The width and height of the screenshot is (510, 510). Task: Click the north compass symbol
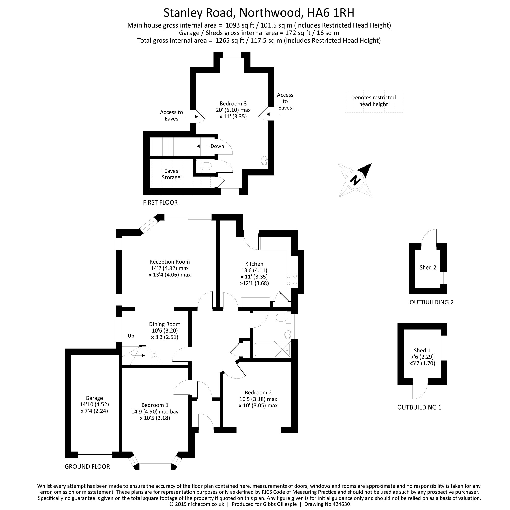(x=355, y=180)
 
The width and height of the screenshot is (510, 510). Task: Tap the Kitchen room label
(x=254, y=264)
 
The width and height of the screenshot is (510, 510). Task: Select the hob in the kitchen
(x=291, y=280)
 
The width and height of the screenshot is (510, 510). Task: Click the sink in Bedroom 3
(x=264, y=160)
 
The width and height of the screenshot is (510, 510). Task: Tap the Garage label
(x=94, y=398)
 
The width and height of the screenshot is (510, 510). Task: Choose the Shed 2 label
(x=428, y=267)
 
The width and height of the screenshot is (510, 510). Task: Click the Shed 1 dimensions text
(x=422, y=360)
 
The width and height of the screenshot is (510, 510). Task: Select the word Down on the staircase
(x=217, y=146)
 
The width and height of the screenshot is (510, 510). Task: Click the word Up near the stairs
(x=131, y=336)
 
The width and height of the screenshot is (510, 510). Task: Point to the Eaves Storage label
(x=171, y=174)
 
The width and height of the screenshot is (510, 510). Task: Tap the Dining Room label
(x=164, y=324)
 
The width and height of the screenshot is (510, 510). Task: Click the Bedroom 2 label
(x=258, y=392)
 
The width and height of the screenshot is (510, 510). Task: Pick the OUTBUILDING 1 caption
(x=419, y=407)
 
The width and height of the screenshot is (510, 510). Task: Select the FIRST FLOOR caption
(x=160, y=202)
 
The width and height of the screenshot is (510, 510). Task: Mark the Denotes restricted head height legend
(x=373, y=101)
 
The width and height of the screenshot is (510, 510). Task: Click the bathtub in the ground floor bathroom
(x=272, y=350)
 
